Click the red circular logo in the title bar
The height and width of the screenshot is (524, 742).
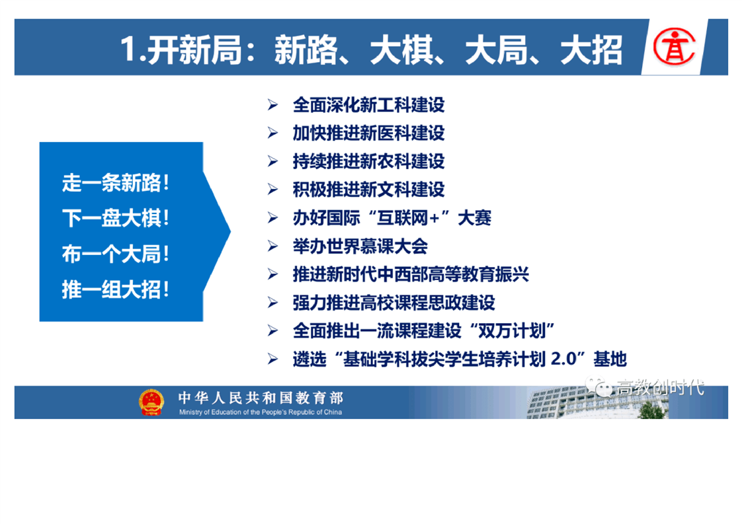pos(674,46)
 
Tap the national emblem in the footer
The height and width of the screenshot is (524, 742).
pos(151,402)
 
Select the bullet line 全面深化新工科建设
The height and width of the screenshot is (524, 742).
pos(368,105)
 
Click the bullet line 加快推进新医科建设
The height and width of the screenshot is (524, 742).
pos(368,133)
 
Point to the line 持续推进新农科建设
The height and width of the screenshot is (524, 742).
pos(368,162)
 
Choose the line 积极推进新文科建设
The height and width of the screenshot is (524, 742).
pos(368,190)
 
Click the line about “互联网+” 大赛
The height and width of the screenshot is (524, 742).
pos(392,218)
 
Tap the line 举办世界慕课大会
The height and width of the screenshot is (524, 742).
pos(360,246)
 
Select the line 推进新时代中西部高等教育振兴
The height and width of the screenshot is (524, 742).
pos(411,274)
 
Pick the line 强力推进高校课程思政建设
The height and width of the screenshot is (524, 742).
pos(393,303)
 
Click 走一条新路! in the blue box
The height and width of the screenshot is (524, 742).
pos(116,183)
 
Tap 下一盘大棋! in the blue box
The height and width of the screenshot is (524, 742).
pos(116,219)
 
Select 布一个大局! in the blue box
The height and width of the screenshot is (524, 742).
pos(116,254)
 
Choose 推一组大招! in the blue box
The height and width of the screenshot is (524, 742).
pos(116,290)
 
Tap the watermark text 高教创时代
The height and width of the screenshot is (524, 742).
pos(660,387)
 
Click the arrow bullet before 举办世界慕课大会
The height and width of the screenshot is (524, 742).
pos(272,246)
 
